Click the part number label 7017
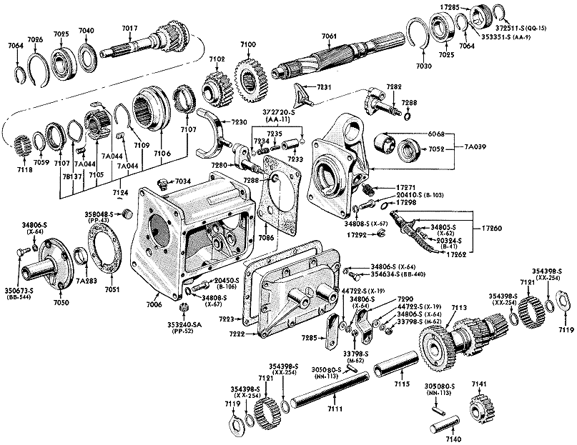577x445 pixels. point(129,28)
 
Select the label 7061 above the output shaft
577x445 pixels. point(330,36)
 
